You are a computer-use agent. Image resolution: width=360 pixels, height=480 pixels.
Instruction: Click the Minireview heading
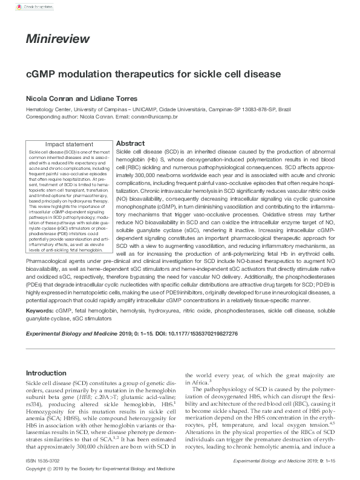click(57, 40)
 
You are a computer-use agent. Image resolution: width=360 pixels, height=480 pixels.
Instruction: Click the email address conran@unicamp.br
click(155, 116)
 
